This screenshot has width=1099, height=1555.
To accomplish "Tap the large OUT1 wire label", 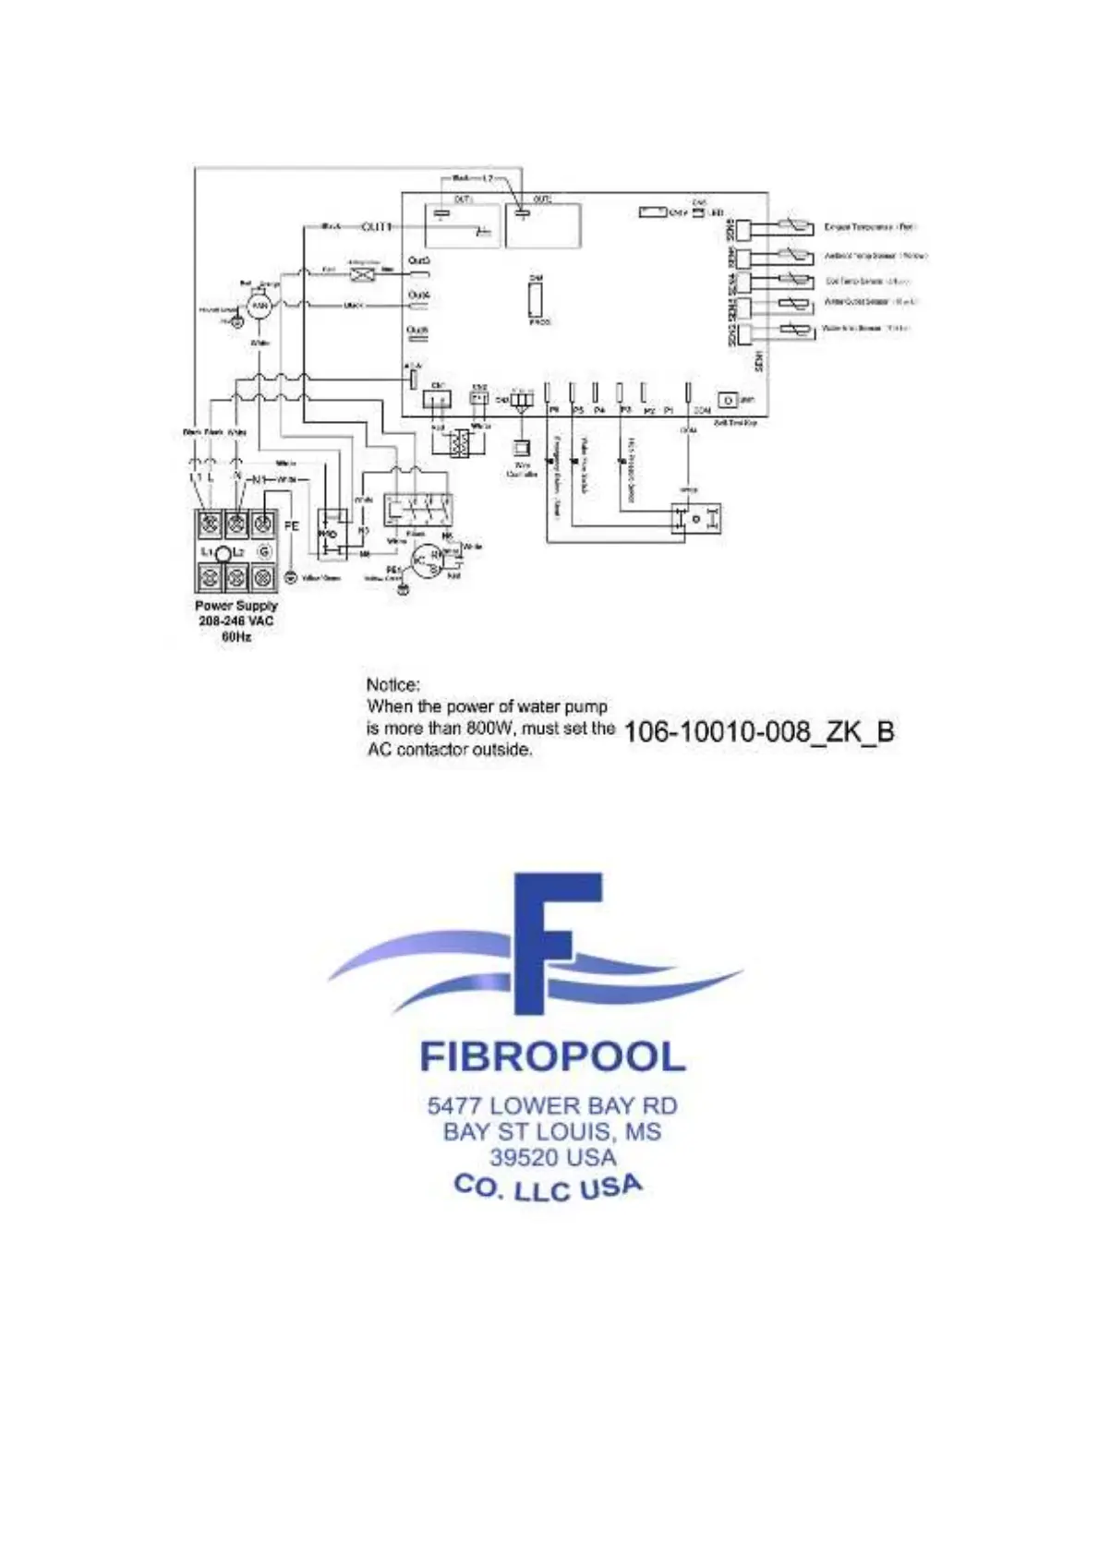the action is tap(376, 226).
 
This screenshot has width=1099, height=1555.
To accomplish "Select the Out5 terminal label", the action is tap(418, 261).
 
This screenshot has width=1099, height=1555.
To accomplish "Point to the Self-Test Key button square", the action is tap(728, 401).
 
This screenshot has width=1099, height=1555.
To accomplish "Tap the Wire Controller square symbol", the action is tap(521, 446).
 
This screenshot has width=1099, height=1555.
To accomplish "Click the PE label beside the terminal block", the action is tap(292, 525).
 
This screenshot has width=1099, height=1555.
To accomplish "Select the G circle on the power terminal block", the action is tap(264, 551).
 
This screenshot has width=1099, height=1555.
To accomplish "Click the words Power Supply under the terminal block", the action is tap(236, 606).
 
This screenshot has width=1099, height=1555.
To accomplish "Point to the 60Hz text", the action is tap(236, 636).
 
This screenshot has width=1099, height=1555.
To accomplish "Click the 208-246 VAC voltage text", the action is tap(236, 621).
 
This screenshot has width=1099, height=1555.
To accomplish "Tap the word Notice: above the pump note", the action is tap(392, 684).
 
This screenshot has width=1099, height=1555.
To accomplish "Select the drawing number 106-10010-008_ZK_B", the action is tap(759, 732).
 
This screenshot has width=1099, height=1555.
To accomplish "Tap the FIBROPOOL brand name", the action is tap(552, 1057).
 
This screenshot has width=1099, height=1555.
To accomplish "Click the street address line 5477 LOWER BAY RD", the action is tap(552, 1105).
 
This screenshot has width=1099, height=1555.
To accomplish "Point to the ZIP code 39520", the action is tap(523, 1157).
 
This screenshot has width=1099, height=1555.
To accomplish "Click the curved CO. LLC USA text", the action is tap(549, 1187).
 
